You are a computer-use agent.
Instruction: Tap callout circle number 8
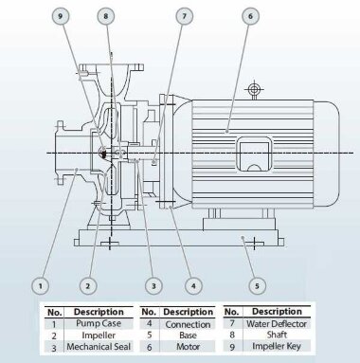pyautogui.click(x=106, y=16)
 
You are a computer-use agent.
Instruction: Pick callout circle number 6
pyautogui.click(x=250, y=16)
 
